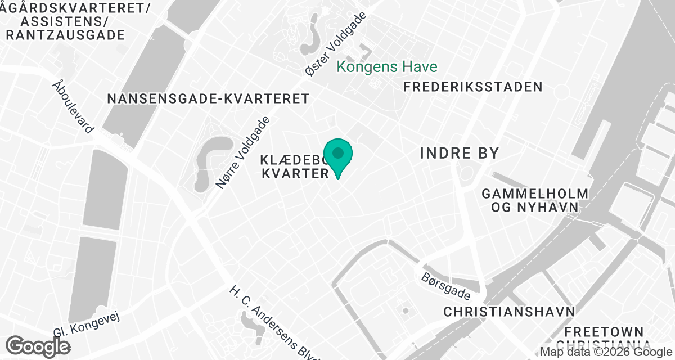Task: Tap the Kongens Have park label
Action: coord(387,67)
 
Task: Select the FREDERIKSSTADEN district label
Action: coord(473,87)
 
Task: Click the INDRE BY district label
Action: coord(460,153)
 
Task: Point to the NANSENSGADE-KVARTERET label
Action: coord(208,98)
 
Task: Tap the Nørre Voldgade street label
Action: coord(244,152)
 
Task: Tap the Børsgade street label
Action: coord(446,286)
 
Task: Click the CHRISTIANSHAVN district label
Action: coord(509,312)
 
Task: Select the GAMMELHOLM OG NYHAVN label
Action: coord(535,200)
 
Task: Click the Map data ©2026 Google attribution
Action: coord(606,352)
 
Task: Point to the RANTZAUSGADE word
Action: coord(65,35)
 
